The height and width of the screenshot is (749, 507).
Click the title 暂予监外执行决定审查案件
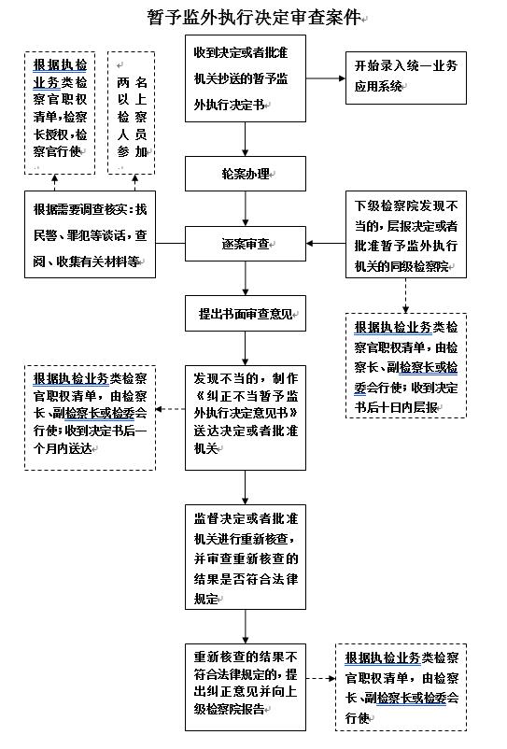pos(253,18)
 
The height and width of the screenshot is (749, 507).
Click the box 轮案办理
pos(245,174)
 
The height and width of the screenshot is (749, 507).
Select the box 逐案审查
pos(245,245)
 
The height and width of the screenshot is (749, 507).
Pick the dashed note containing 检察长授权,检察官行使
pos(60,112)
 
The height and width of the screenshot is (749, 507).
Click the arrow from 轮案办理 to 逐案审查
pos(245,209)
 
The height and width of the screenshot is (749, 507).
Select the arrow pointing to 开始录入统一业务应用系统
pos(325,76)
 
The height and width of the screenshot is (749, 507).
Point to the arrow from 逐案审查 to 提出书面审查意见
pos(245,279)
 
